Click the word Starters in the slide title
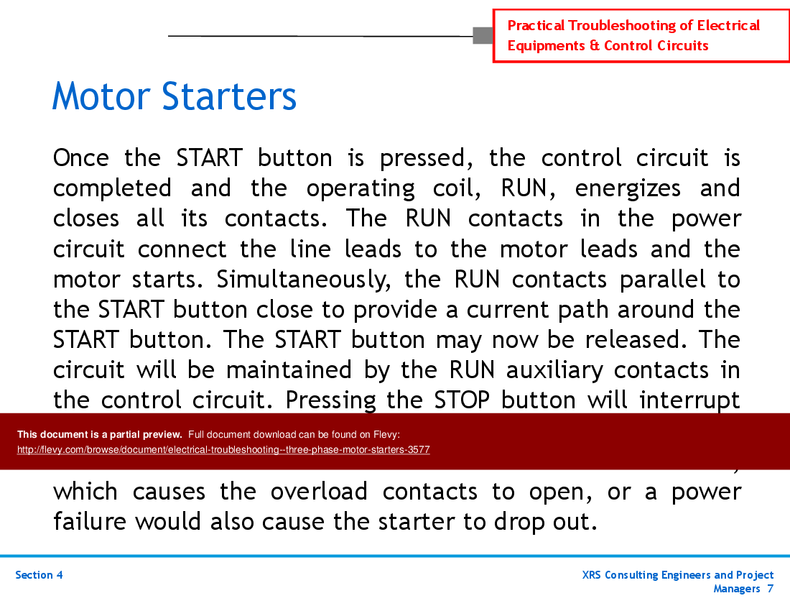tap(229, 96)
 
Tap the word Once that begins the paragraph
tap(80, 157)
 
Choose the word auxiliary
tap(556, 369)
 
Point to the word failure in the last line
tap(90, 521)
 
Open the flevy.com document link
tap(223, 450)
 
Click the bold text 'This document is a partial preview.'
tap(100, 434)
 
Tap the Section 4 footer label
tap(39, 575)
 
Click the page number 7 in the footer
tap(770, 589)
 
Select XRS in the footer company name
tap(595, 575)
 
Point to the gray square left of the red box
tap(483, 35)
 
